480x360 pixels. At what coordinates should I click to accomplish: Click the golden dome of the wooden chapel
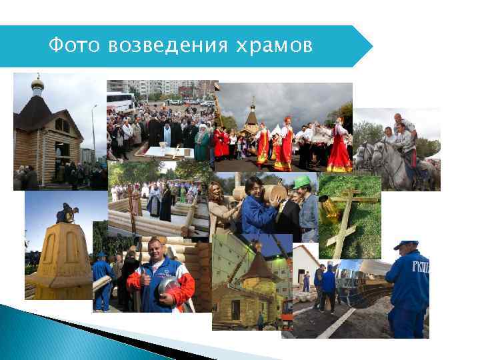37,83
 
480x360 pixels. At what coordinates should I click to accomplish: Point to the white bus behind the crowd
121,102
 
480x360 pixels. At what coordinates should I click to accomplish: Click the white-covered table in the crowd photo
161,153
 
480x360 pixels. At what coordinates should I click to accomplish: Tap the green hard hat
303,181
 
